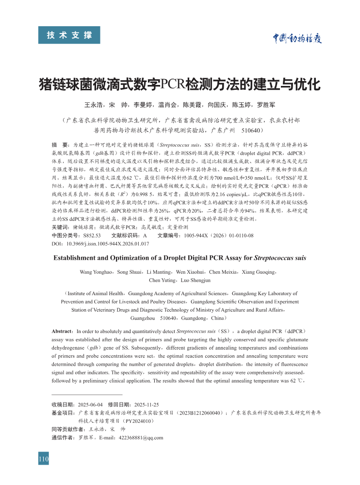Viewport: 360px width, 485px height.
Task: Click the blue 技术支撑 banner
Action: (69, 35)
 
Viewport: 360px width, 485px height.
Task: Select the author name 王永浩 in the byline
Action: (94, 105)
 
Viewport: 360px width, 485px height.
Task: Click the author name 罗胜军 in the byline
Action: (266, 105)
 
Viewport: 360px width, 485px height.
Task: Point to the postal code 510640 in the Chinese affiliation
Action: (252, 131)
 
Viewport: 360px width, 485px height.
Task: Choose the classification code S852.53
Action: (92, 234)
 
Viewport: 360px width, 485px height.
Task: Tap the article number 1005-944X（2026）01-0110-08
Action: (218, 234)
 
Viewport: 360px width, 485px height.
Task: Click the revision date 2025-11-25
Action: (146, 404)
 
